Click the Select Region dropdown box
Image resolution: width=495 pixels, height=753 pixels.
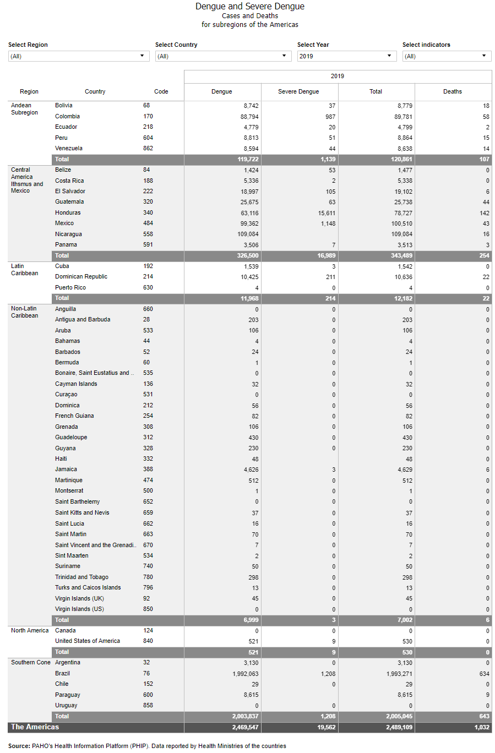click(79, 56)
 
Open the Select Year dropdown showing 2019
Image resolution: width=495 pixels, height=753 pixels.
click(346, 56)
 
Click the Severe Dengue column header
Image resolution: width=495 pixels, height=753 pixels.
click(298, 91)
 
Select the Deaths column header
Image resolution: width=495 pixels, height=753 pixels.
click(453, 91)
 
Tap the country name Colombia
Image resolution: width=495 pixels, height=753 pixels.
click(67, 116)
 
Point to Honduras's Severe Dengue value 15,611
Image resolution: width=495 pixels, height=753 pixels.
click(327, 213)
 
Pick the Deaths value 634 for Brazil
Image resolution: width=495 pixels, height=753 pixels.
click(484, 674)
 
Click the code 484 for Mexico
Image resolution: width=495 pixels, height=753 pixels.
click(148, 223)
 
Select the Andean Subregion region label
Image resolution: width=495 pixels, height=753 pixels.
click(24, 109)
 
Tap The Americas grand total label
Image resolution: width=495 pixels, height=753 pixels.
click(35, 727)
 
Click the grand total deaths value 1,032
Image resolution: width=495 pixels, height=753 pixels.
click(482, 727)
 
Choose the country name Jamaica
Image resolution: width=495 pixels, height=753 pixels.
click(66, 469)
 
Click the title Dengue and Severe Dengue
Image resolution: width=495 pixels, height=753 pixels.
click(249, 7)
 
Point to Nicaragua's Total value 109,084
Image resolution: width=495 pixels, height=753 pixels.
click(401, 234)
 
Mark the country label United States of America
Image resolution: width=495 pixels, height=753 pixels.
click(88, 641)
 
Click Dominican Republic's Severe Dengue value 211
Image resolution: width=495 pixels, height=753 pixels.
click(330, 277)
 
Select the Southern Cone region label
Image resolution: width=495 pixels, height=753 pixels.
click(30, 662)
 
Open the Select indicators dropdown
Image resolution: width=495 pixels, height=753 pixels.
click(447, 56)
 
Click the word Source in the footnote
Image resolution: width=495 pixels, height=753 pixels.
click(19, 746)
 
